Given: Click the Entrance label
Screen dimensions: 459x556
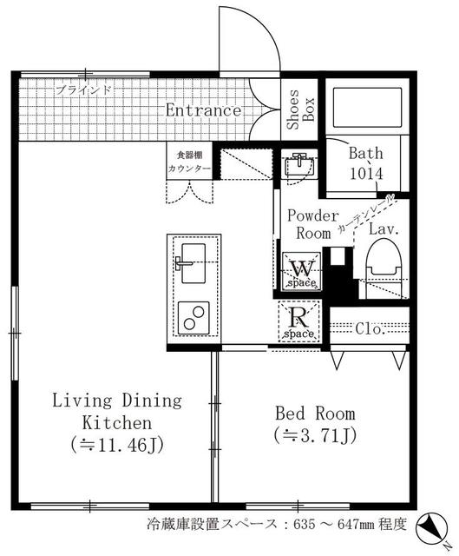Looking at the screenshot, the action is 203,110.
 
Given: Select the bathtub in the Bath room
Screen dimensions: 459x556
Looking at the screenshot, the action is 368,108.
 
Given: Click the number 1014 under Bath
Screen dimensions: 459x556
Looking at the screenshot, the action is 366,174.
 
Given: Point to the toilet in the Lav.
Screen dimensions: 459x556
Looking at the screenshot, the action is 384,268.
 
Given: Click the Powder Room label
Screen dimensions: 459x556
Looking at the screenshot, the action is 313,224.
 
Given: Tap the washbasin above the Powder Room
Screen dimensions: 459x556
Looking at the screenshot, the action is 300,165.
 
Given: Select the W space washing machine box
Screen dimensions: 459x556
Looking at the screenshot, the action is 302,271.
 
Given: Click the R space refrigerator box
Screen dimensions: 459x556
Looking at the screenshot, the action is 299,321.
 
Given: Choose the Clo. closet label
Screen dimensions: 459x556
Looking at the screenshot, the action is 370,329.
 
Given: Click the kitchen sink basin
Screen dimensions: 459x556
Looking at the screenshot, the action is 193,262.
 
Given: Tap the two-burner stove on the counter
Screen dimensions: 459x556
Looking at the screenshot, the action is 193,318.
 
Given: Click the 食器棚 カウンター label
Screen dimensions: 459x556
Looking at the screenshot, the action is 189,162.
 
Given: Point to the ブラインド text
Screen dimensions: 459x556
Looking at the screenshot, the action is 84,90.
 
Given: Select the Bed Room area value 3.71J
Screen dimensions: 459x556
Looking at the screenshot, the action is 315,436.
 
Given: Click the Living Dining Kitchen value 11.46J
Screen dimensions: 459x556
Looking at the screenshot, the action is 117,445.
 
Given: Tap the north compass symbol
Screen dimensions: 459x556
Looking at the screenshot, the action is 431,526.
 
